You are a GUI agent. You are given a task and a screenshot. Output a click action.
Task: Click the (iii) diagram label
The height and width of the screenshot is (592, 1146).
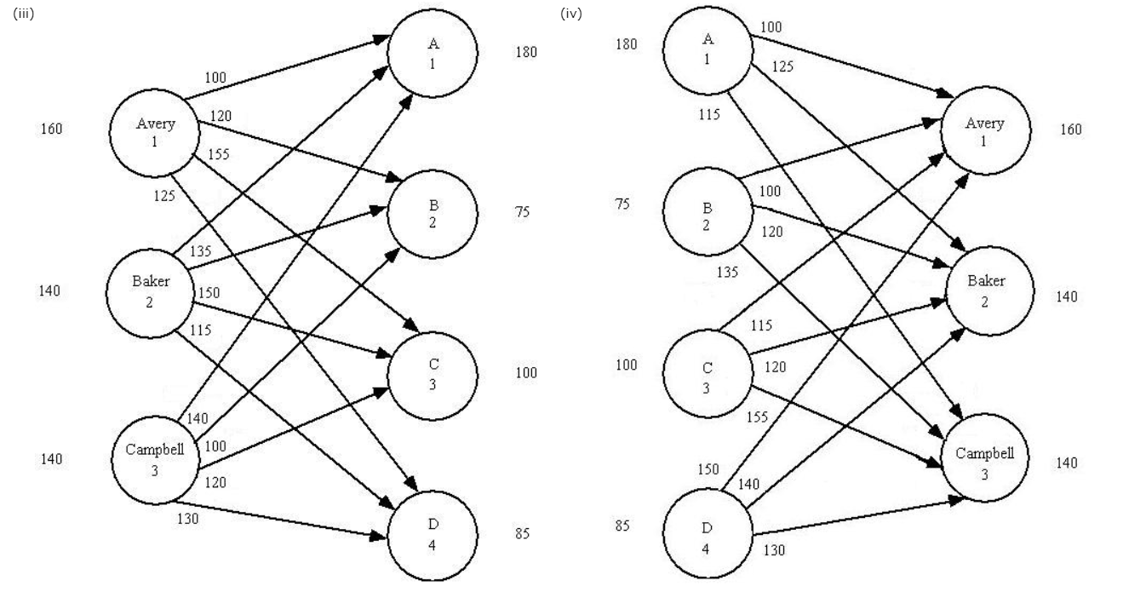tap(24, 14)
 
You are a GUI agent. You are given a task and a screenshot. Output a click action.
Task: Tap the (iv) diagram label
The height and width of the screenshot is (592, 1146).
tap(571, 14)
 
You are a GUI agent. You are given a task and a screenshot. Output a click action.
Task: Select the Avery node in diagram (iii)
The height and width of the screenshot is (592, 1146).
tap(155, 132)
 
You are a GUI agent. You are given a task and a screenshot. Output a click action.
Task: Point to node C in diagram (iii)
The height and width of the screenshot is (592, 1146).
tap(433, 375)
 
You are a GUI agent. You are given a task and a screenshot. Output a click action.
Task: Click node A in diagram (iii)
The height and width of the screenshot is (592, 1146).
tap(433, 54)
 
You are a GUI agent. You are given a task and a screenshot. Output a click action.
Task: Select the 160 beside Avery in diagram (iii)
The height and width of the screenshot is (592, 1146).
tap(51, 129)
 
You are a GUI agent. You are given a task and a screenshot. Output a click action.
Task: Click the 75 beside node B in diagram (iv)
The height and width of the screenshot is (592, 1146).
tap(622, 204)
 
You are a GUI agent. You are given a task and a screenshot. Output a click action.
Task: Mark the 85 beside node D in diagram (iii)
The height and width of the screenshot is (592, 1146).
tap(522, 534)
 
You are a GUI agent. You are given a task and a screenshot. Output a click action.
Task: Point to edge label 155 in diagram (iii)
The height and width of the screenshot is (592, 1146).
tap(220, 154)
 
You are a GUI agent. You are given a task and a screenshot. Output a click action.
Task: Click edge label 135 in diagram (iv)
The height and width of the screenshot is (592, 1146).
tap(728, 273)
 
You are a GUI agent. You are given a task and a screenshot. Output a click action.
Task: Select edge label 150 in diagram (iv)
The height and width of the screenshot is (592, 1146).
tap(708, 469)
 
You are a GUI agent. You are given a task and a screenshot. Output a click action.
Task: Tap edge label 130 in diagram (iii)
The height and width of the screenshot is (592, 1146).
tap(187, 518)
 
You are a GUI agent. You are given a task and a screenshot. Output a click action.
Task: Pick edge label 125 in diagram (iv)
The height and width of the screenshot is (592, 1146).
tap(782, 66)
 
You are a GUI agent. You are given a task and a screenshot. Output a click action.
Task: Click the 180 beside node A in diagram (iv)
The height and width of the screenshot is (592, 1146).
tap(626, 43)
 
